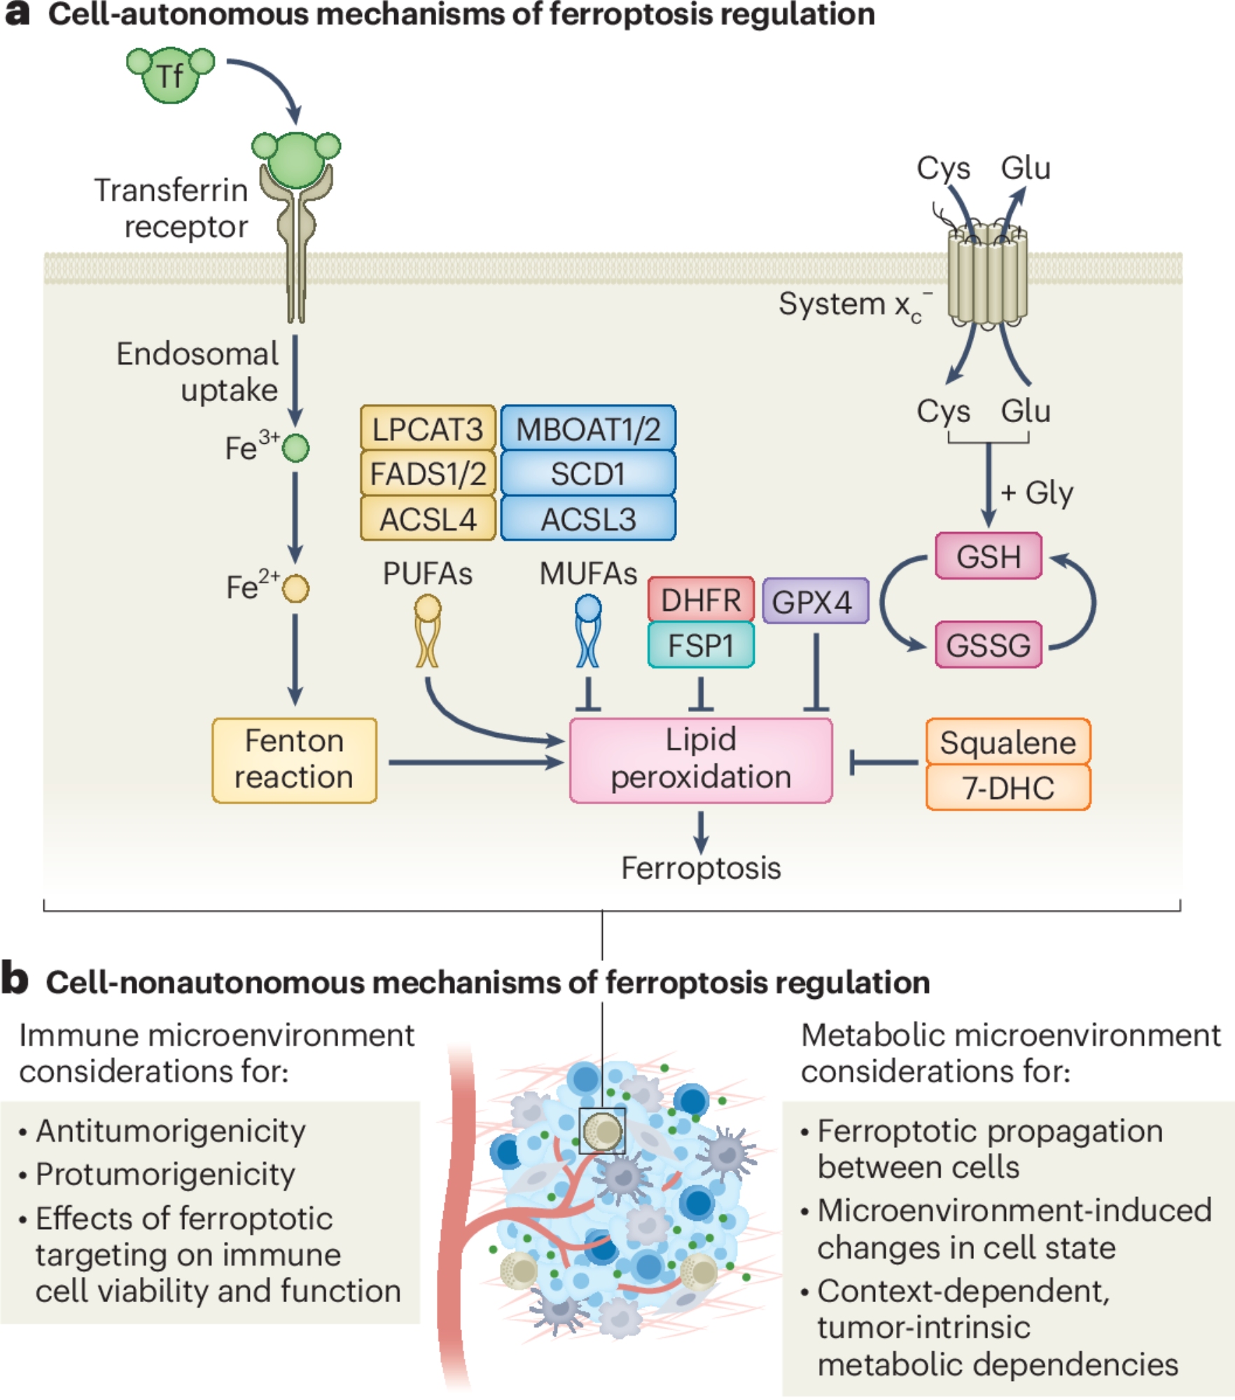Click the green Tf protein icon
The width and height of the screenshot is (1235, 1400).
pyautogui.click(x=170, y=75)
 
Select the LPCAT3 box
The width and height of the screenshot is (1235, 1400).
pyautogui.click(x=428, y=428)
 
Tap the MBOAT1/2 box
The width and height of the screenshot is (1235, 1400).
pyautogui.click(x=588, y=428)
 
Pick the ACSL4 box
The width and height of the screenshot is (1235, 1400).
pyautogui.click(x=428, y=519)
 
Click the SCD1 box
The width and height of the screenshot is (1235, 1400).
pyautogui.click(x=588, y=474)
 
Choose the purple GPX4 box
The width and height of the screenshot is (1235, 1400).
pyautogui.click(x=815, y=601)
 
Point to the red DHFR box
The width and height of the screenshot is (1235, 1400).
pyautogui.click(x=701, y=600)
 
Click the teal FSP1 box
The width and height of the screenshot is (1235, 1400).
pyautogui.click(x=701, y=645)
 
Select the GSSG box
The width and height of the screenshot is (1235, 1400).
pyautogui.click(x=988, y=645)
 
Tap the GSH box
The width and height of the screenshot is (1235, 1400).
pyautogui.click(x=988, y=556)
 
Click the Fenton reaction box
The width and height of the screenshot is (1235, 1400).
pyautogui.click(x=294, y=760)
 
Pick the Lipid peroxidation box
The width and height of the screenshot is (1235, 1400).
pyautogui.click(x=701, y=760)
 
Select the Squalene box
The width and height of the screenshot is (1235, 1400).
pyautogui.click(x=1007, y=742)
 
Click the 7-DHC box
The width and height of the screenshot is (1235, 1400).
pyautogui.click(x=1007, y=787)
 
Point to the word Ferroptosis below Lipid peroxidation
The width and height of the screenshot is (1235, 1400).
pyautogui.click(x=701, y=868)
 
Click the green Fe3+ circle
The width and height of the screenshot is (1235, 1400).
pyautogui.click(x=295, y=448)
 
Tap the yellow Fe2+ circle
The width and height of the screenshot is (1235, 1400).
pyautogui.click(x=295, y=588)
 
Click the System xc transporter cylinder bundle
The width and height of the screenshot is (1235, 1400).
pyautogui.click(x=987, y=276)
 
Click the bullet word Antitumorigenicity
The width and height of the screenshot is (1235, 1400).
pyautogui.click(x=171, y=1131)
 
